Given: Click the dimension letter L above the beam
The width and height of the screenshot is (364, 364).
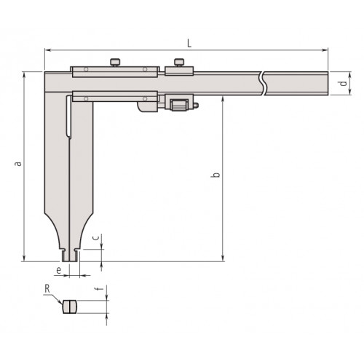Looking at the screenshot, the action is (189, 43).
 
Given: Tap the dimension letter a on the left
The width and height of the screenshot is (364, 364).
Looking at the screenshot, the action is (18, 164).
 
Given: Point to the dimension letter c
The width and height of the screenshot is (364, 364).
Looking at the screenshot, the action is (96, 237).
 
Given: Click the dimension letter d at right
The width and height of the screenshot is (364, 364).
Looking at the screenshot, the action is (343, 84).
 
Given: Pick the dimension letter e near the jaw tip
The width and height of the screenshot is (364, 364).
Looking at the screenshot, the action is (58, 270).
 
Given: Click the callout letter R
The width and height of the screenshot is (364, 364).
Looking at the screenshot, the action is (47, 289).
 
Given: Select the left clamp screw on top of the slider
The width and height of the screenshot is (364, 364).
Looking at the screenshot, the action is (115, 63).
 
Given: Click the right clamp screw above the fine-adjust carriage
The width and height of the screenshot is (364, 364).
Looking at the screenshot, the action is (179, 63).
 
